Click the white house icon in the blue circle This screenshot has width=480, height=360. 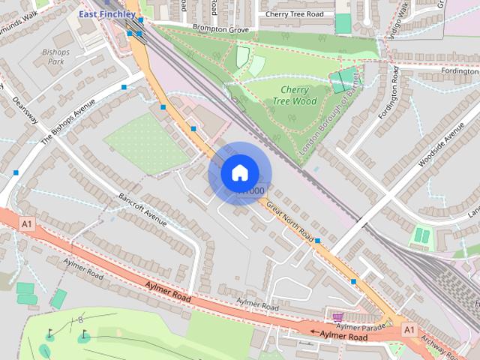tap(239, 172)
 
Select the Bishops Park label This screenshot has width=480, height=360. tap(56, 57)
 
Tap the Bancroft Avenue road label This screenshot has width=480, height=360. tap(142, 209)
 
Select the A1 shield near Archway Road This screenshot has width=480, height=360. tap(409, 328)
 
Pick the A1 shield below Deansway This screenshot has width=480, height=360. tap(28, 223)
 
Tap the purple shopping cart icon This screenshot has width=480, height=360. tap(337, 316)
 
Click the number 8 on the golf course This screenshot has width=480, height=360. tap(81, 321)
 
